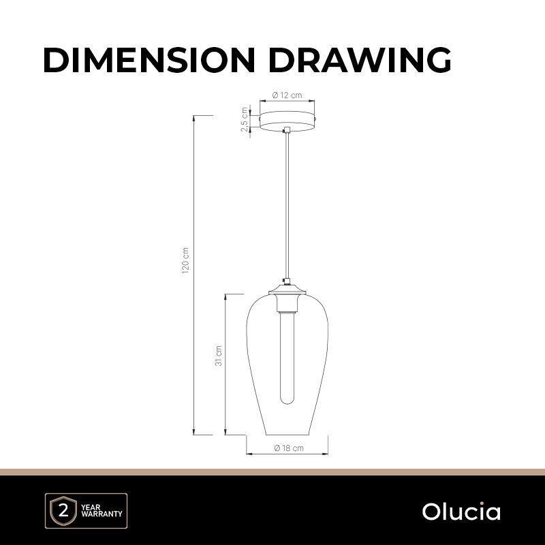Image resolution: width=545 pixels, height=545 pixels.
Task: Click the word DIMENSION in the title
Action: point(149,60)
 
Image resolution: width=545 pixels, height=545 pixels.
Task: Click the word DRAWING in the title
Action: point(360,60)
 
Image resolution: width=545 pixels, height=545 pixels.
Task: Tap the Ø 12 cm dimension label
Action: point(287,95)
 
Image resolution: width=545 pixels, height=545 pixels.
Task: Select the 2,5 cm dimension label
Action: point(245,120)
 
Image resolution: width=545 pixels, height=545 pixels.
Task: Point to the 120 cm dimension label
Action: point(185,261)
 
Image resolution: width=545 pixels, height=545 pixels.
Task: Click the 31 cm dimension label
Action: point(218,356)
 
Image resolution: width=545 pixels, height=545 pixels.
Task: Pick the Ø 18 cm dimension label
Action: point(288,448)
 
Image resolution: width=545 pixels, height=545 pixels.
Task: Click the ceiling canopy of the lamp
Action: point(287,120)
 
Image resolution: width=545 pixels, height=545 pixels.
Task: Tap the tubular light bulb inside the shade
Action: point(287,358)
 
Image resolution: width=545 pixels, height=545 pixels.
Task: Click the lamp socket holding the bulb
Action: point(287,302)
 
